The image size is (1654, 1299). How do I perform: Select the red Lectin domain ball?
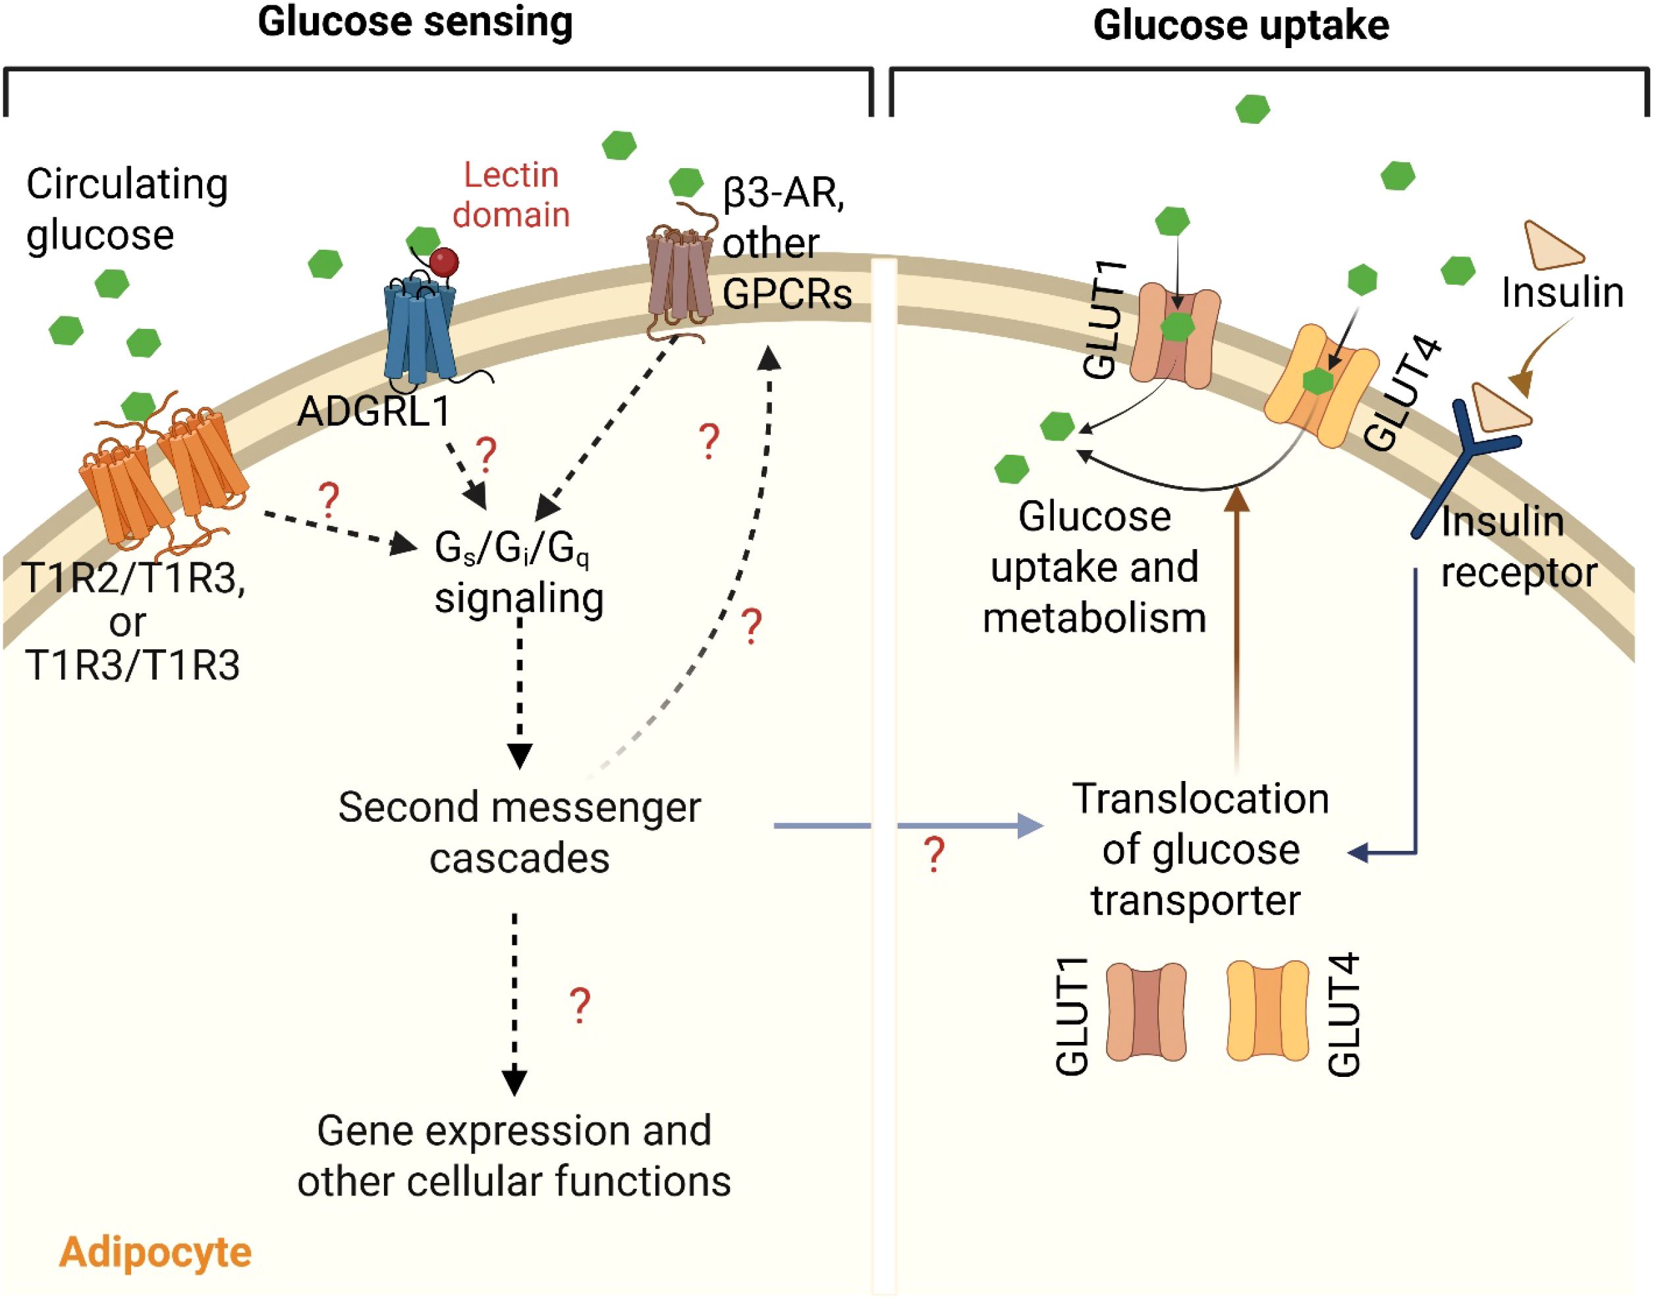[x=444, y=263]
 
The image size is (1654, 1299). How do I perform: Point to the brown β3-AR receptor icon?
[x=680, y=281]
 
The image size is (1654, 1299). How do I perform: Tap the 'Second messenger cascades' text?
[x=519, y=832]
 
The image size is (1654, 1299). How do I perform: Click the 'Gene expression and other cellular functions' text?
[x=514, y=1156]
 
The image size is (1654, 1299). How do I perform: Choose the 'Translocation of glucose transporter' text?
[x=1199, y=850]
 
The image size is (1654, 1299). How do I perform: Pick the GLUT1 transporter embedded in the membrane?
[x=1175, y=335]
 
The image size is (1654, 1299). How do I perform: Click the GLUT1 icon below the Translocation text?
[x=1145, y=1012]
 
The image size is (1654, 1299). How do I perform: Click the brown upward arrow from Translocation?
[x=1238, y=623]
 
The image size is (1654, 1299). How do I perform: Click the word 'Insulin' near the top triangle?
[x=1562, y=293]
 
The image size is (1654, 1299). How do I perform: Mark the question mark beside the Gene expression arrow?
[x=580, y=1006]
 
